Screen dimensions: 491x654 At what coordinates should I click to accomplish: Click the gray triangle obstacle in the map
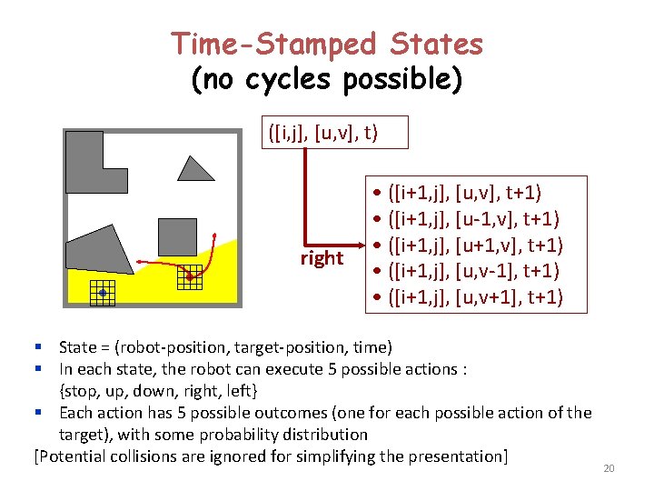pyautogui.click(x=194, y=170)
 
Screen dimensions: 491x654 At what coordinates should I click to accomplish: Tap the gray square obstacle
pyautogui.click(x=177, y=236)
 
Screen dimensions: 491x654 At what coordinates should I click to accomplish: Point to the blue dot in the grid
pyautogui.click(x=103, y=293)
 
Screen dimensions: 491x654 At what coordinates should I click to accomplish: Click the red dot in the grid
pyautogui.click(x=189, y=276)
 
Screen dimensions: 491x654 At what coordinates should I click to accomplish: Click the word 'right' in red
pyautogui.click(x=322, y=258)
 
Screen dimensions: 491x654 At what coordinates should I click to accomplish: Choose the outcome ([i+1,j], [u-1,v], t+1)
pyautogui.click(x=473, y=218)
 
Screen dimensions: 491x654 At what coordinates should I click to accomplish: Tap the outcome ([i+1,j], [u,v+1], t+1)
pyautogui.click(x=473, y=297)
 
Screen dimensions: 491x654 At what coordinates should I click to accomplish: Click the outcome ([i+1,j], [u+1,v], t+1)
pyautogui.click(x=473, y=245)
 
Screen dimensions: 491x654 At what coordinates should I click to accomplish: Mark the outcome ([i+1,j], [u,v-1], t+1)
pyautogui.click(x=473, y=271)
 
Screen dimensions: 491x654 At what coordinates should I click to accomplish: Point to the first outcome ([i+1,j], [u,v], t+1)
pyautogui.click(x=464, y=192)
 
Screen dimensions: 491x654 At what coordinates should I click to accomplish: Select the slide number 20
pyautogui.click(x=609, y=468)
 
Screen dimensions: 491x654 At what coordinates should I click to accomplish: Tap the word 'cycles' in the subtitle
pyautogui.click(x=292, y=80)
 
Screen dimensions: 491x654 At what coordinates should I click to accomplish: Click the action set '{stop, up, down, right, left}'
pyautogui.click(x=158, y=391)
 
